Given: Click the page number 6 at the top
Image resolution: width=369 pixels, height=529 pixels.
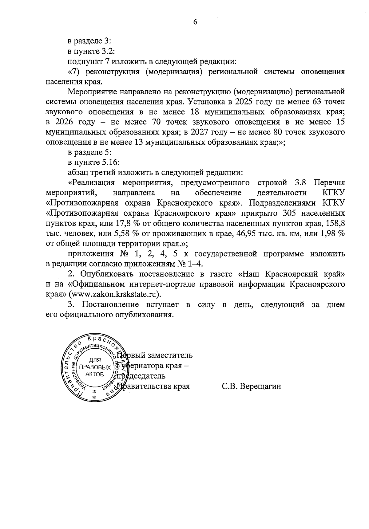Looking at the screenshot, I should [x=195, y=22].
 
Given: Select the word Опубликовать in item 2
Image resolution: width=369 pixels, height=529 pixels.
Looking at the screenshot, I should [x=106, y=273].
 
